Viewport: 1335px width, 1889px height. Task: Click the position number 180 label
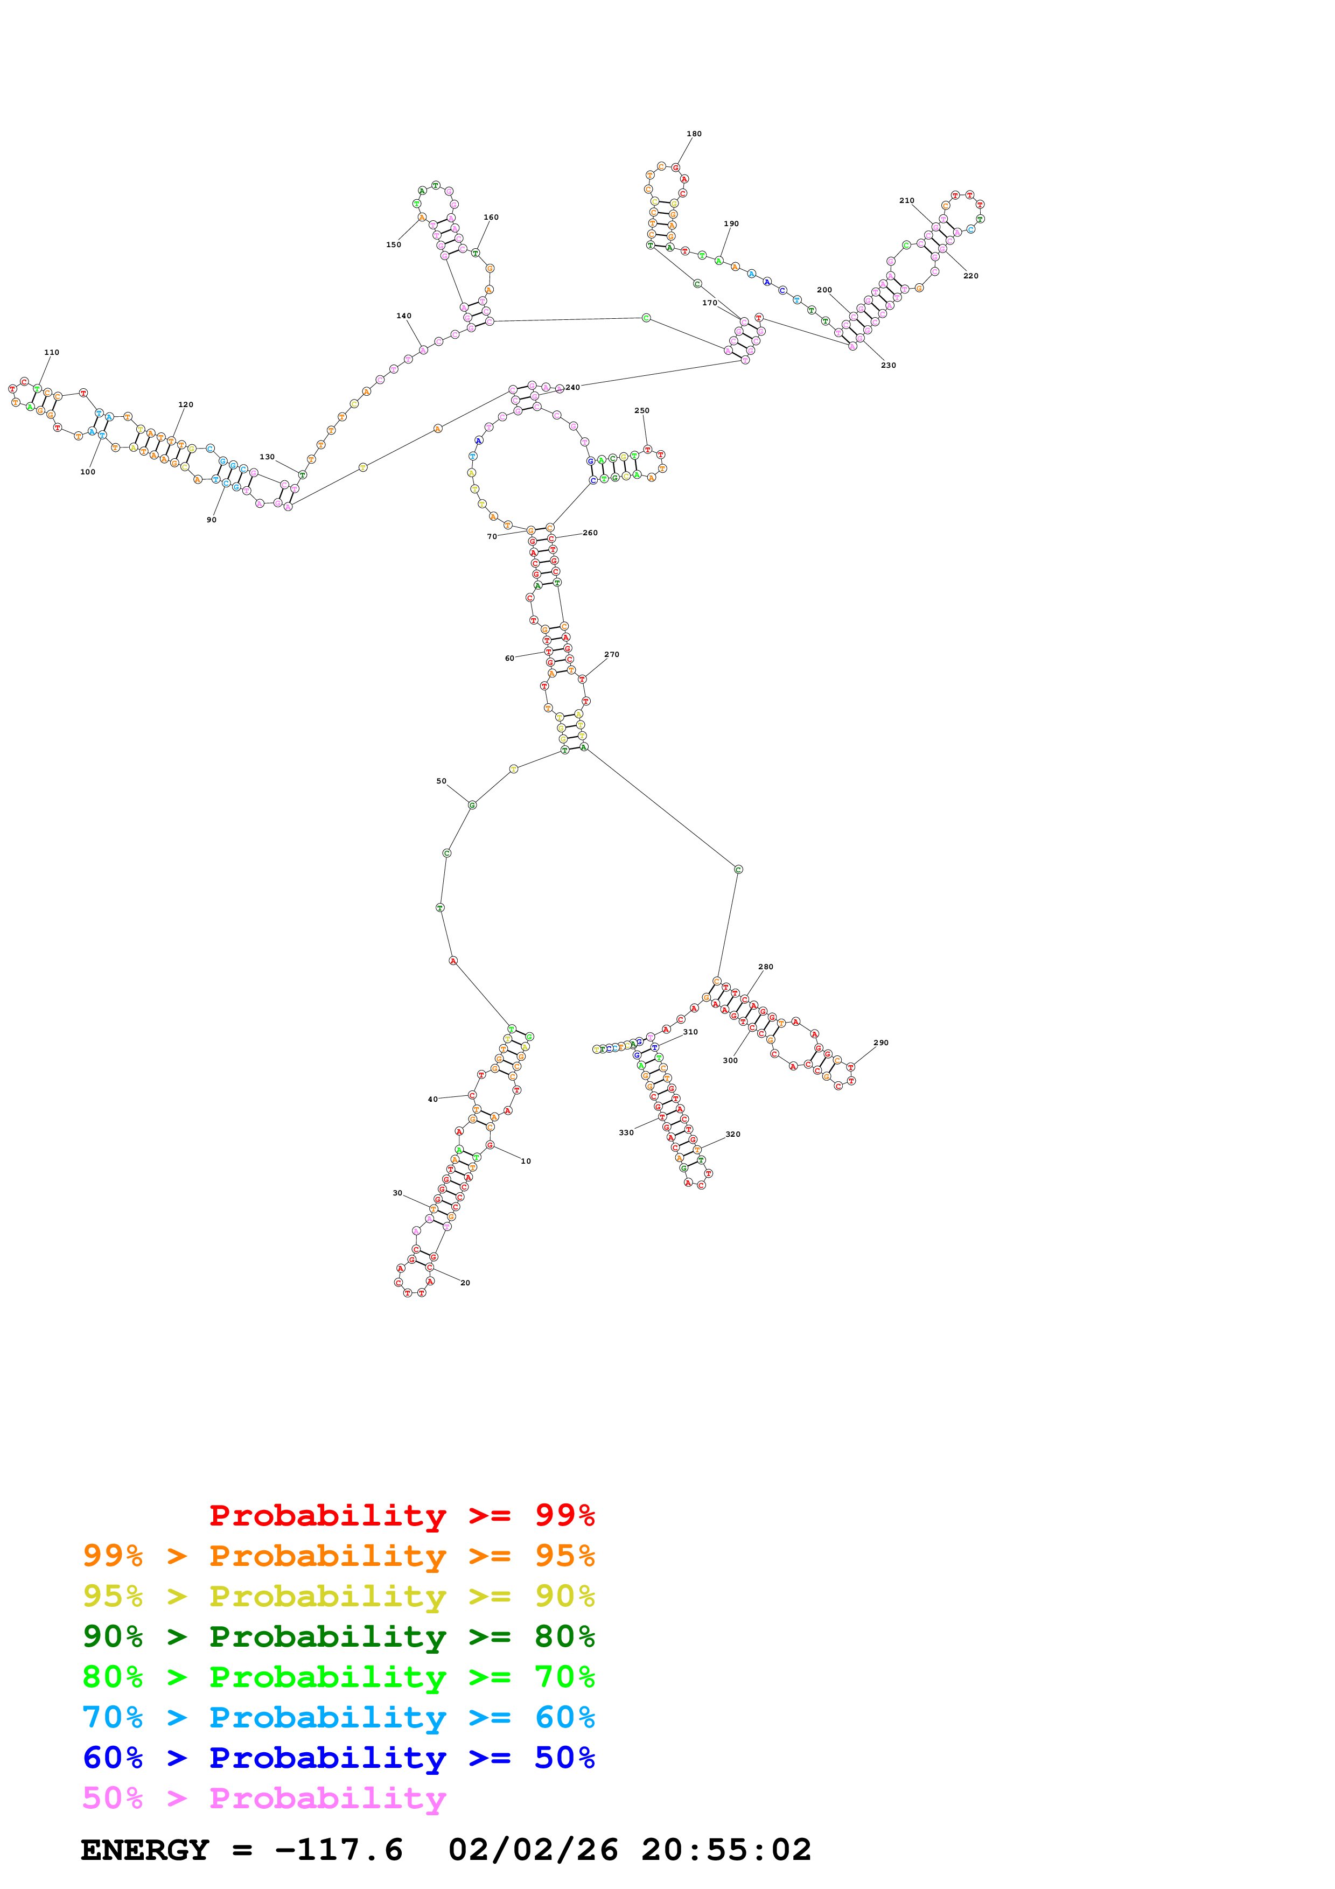click(694, 134)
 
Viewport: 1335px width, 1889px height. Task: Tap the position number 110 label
click(52, 352)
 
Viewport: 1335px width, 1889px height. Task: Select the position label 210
click(906, 201)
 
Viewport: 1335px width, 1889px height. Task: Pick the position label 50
click(441, 781)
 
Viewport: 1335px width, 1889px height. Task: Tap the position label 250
click(641, 410)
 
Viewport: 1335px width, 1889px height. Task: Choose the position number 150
click(394, 244)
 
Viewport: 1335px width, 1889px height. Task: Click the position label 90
click(212, 520)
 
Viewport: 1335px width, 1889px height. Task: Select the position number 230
click(889, 365)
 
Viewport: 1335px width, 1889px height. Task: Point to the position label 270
click(611, 655)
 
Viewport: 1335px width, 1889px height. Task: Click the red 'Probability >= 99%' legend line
click(401, 1515)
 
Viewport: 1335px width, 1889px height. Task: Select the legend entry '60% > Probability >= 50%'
click(338, 1758)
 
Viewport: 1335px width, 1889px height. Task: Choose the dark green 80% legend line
click(338, 1636)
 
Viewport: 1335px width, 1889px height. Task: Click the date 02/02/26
click(533, 1850)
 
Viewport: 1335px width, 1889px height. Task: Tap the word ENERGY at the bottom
click(145, 1850)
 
